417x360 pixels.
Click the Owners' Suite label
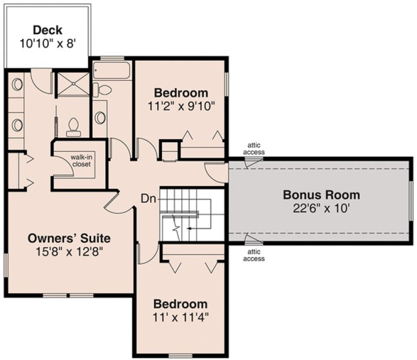(69, 237)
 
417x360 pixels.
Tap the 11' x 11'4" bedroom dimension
(180, 317)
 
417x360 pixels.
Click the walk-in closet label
(80, 160)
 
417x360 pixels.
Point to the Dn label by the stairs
(149, 198)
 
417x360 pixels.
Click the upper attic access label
(256, 149)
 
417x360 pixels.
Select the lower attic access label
(254, 255)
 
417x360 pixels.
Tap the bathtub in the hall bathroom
(112, 71)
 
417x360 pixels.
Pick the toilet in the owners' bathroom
(73, 127)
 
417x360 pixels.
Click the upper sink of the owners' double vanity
(17, 85)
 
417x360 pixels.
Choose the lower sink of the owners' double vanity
(17, 125)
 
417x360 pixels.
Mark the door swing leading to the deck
(41, 81)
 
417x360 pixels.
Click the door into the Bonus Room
(217, 172)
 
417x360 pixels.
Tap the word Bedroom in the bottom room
(180, 304)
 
